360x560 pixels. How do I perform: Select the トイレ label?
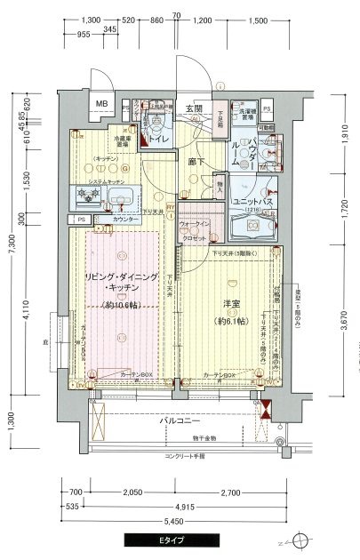(x=159, y=139)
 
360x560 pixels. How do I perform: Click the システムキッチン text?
(x=103, y=181)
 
